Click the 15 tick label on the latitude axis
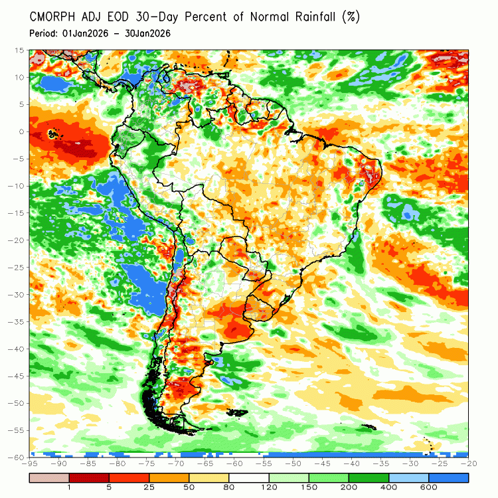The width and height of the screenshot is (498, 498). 20,50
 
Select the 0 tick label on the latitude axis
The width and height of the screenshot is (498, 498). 22,131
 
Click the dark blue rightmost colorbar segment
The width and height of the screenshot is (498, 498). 448,477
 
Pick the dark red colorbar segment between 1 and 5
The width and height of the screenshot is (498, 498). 90,477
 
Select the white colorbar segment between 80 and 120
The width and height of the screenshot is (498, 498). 249,477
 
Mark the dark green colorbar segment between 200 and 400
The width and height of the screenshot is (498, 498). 369,477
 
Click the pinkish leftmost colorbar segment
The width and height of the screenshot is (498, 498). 50,477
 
